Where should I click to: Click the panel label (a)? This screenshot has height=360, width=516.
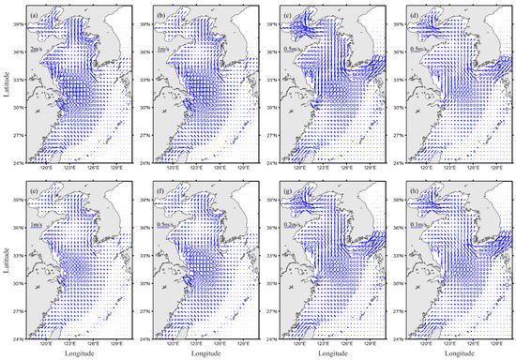35,14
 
